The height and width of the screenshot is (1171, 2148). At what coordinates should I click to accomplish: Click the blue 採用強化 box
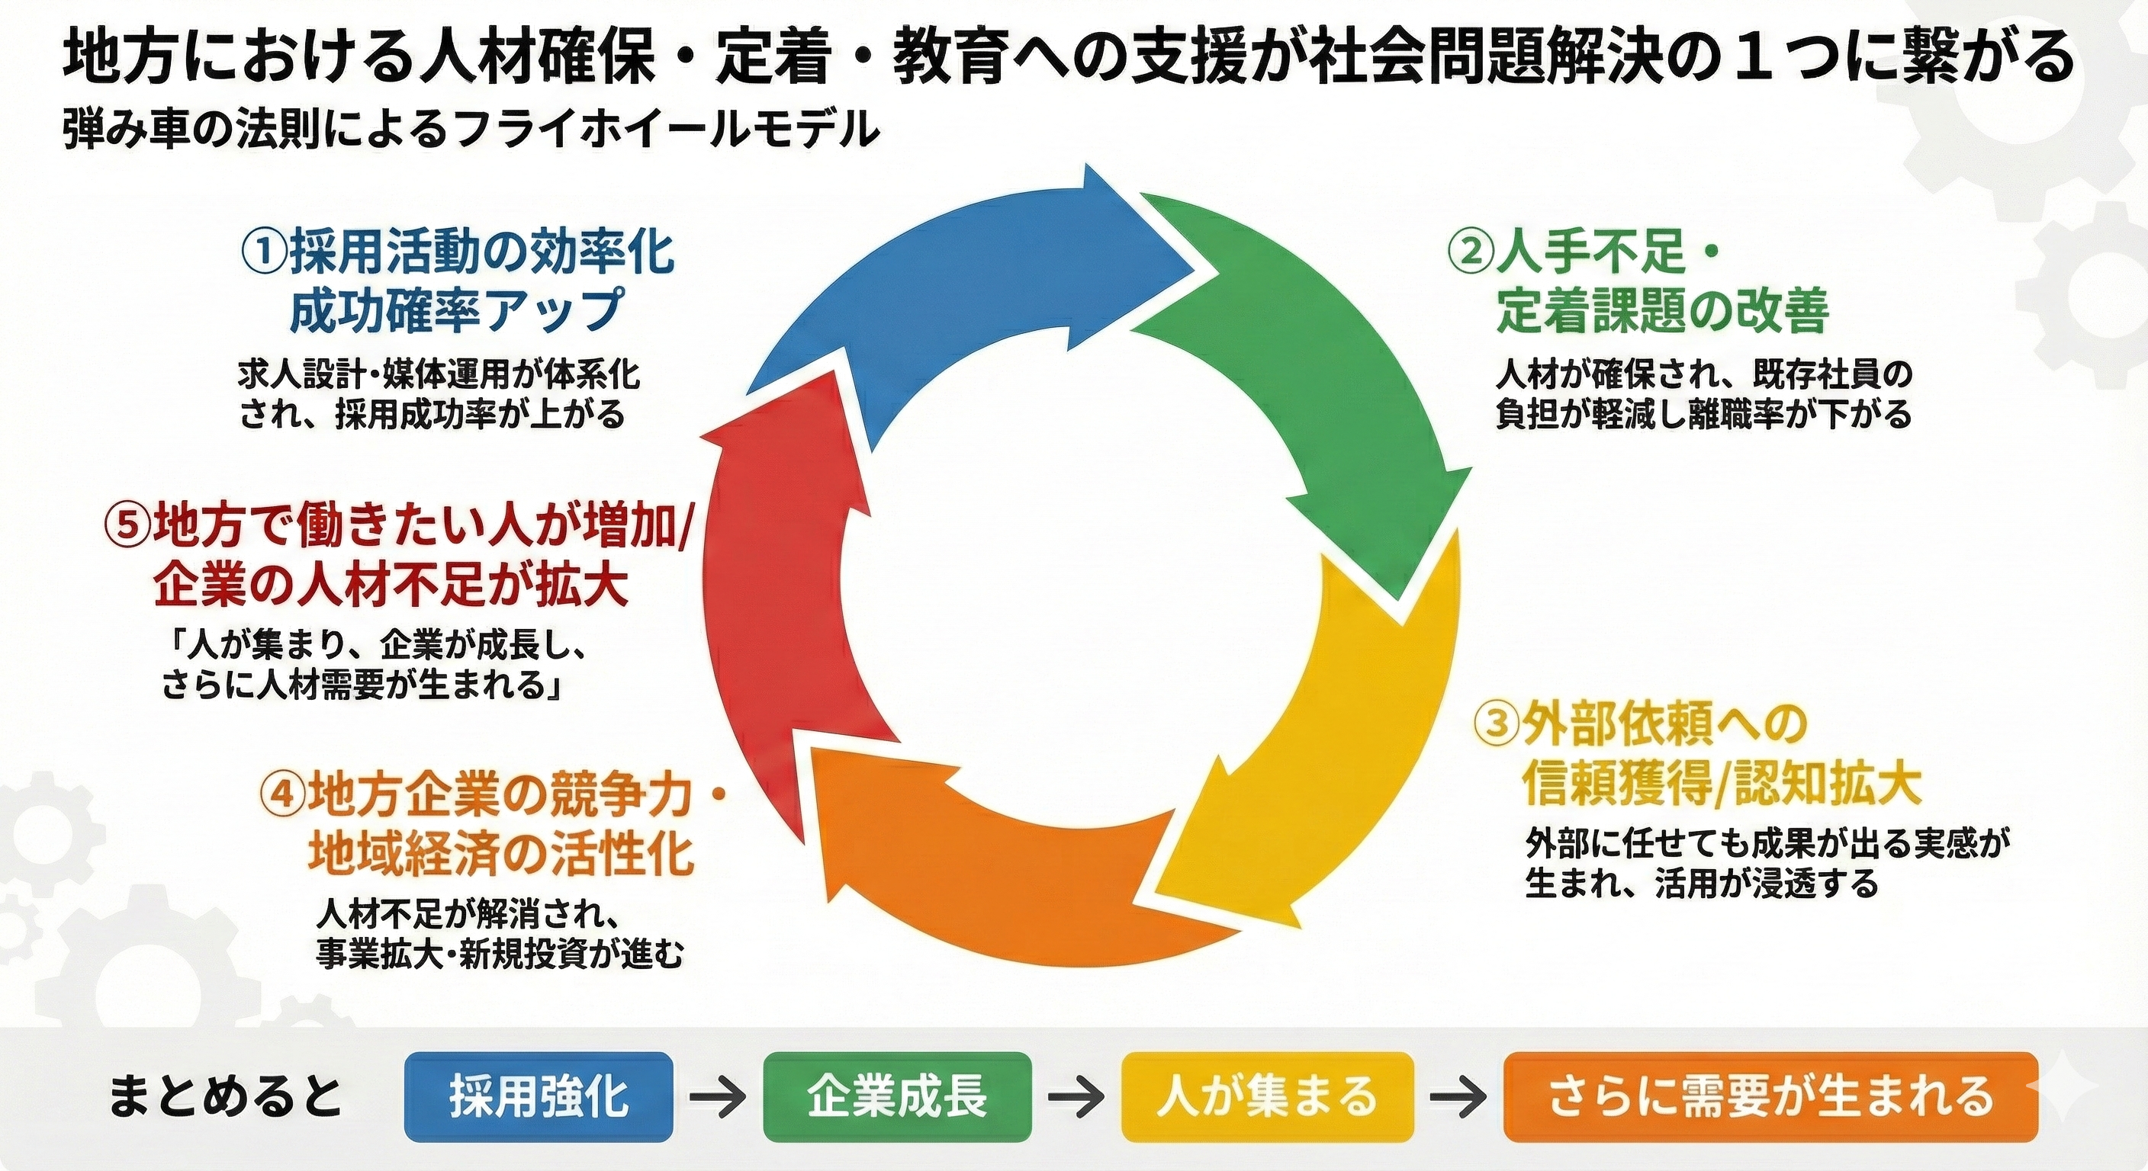click(x=538, y=1097)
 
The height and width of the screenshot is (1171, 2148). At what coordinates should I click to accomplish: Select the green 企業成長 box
click(x=897, y=1097)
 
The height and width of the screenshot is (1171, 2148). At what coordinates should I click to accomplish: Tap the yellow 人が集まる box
click(x=1268, y=1097)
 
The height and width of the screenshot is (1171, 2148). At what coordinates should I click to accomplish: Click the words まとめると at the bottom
click(x=225, y=1097)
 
